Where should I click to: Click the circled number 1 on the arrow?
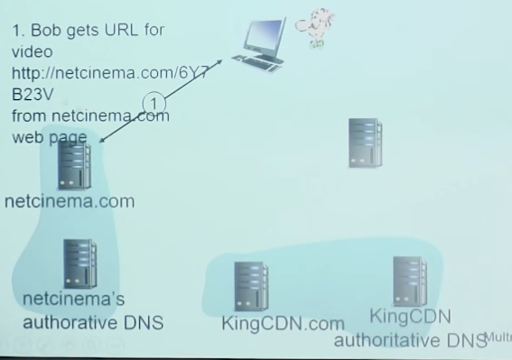[x=154, y=102]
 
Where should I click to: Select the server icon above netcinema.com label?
[x=74, y=165]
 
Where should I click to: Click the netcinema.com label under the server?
[x=69, y=200]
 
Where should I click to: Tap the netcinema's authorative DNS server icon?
[x=79, y=263]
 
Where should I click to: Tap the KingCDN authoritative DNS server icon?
[x=409, y=282]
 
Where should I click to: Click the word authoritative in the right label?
[x=389, y=340]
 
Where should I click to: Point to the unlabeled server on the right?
[x=365, y=143]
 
